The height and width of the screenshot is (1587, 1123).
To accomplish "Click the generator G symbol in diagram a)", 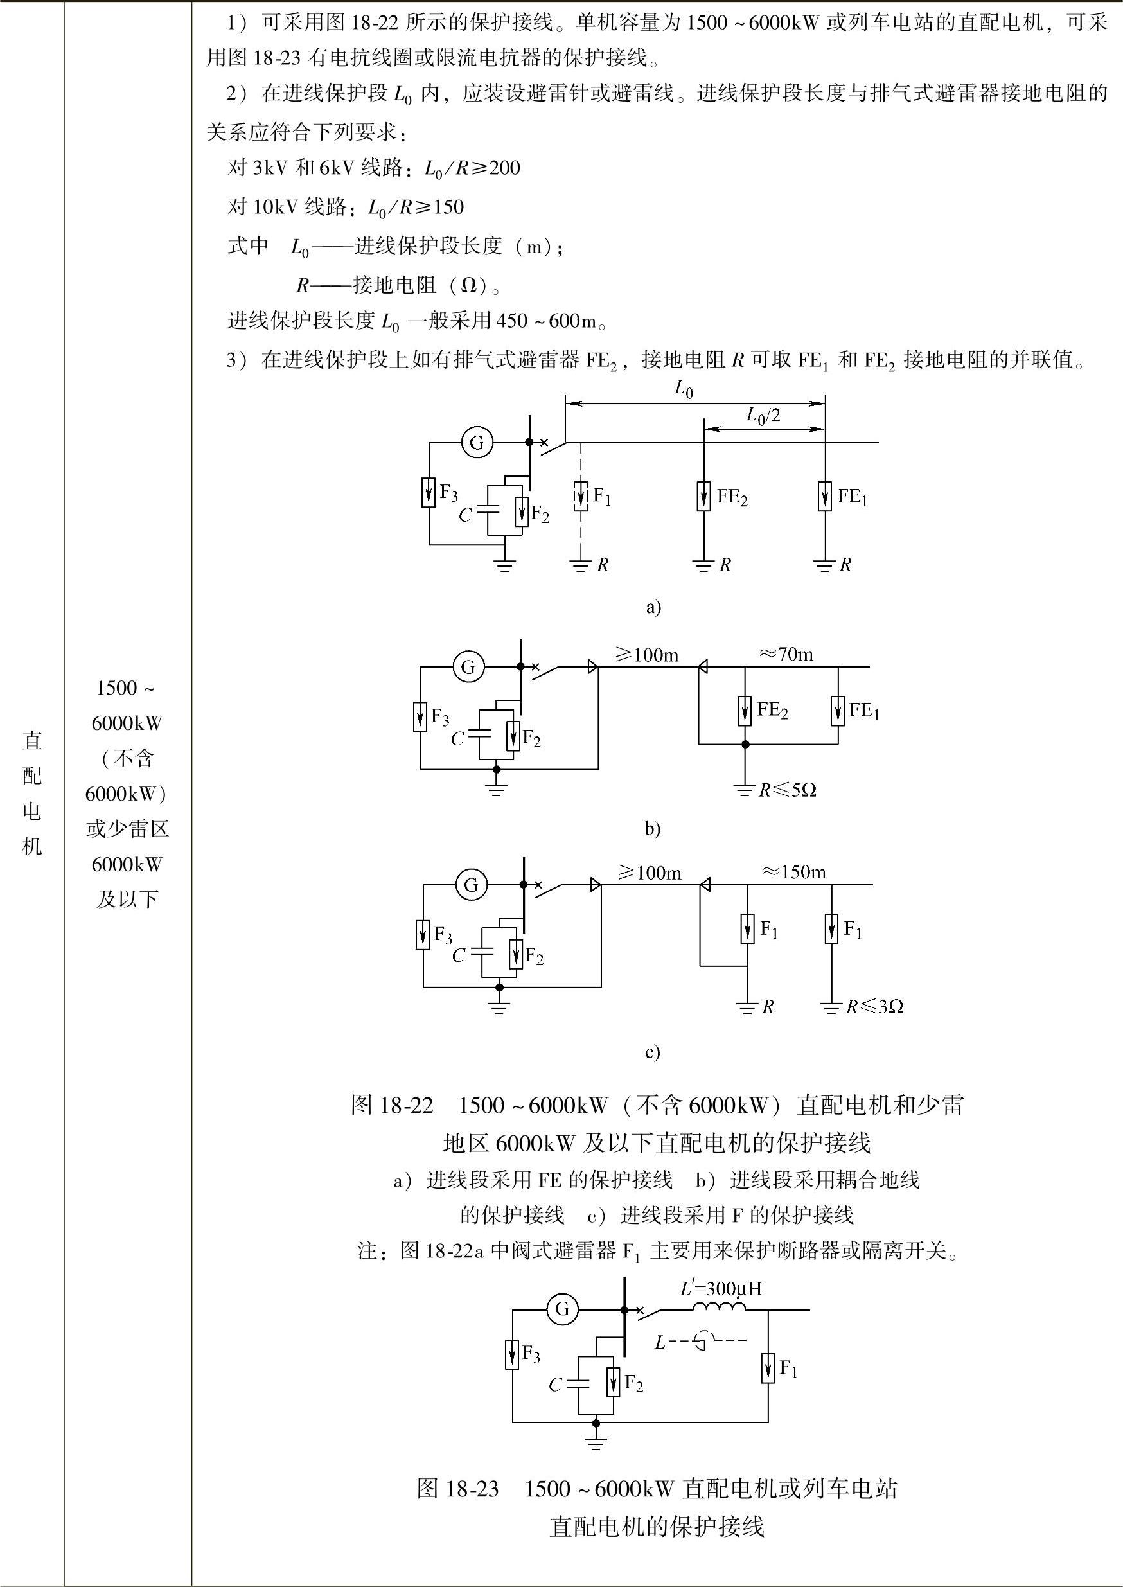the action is click(477, 442).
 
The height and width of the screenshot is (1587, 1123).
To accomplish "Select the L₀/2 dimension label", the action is click(763, 415).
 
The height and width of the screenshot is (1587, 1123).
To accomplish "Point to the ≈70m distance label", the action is click(787, 653).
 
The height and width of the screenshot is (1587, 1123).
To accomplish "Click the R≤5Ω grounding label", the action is click(787, 790).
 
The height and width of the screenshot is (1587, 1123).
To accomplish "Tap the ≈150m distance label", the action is click(794, 872).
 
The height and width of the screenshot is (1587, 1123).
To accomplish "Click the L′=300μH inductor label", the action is click(721, 1288).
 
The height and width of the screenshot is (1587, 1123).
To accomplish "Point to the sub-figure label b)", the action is click(653, 828).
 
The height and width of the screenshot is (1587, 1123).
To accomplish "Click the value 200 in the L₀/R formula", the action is click(505, 168).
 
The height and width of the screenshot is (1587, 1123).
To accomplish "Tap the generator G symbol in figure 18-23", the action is click(562, 1309).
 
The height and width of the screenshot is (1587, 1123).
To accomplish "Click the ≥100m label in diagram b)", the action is click(647, 654).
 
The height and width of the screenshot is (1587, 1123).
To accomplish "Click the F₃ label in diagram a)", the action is click(449, 493).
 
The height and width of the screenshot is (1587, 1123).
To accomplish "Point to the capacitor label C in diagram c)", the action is click(459, 955).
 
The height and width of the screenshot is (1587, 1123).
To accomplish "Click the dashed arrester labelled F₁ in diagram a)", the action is click(581, 496).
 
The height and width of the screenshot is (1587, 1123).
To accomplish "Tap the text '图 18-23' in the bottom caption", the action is click(458, 1489).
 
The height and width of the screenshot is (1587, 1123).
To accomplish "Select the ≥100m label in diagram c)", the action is click(650, 873).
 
